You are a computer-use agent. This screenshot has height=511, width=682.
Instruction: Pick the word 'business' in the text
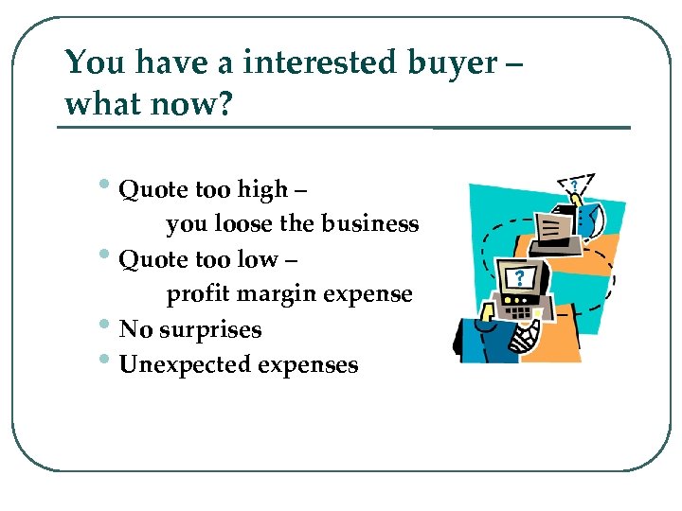369,224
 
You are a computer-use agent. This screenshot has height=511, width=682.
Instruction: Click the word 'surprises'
210,329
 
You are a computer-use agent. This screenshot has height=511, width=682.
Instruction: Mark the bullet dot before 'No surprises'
109,326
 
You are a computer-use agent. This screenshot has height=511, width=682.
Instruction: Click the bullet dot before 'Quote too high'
109,187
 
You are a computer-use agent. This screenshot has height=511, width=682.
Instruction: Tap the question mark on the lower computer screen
518,278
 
